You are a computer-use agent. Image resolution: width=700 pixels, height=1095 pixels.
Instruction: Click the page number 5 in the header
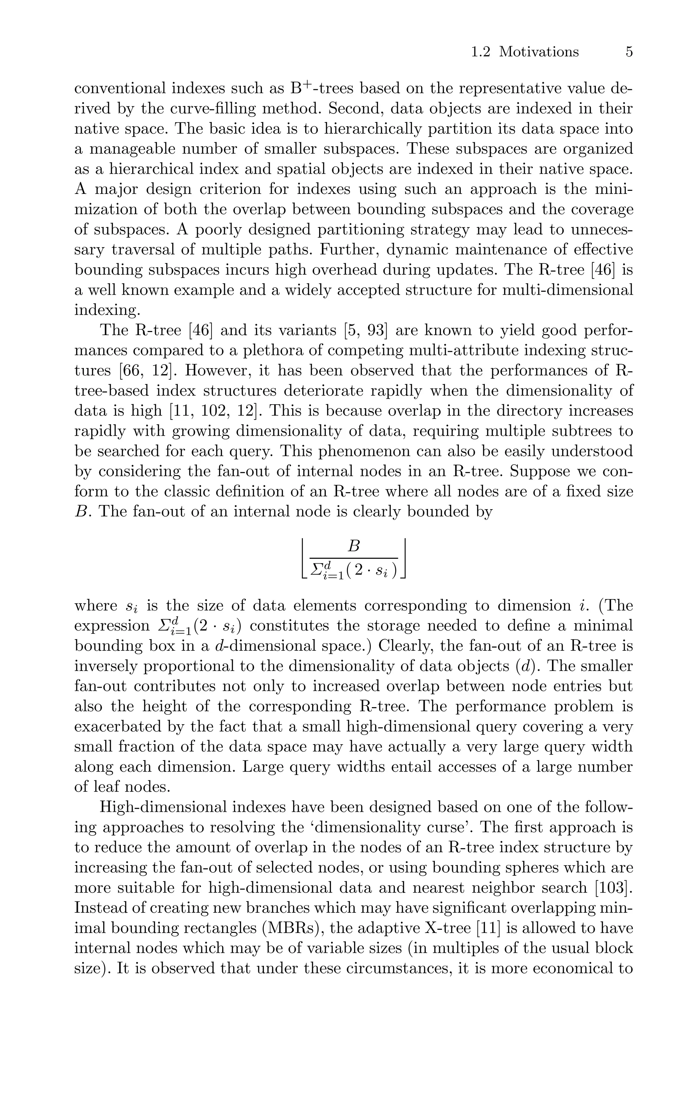pos(629,52)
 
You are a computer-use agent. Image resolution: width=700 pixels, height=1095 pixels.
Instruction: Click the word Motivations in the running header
pos(539,52)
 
